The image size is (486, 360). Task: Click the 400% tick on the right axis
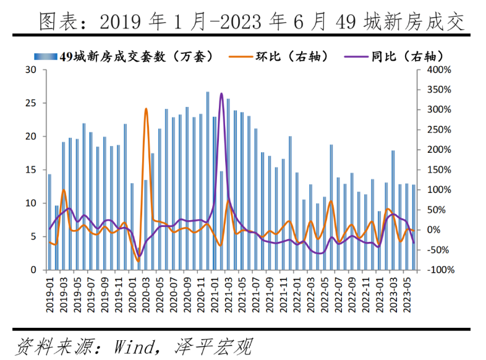[440, 70]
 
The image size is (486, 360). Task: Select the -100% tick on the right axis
[440, 270]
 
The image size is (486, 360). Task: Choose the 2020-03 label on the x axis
[146, 291]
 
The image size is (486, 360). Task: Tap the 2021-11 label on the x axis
[283, 291]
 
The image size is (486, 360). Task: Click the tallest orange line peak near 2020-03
[146, 109]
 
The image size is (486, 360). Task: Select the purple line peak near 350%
[221, 94]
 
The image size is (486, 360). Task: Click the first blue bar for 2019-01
[49, 222]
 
